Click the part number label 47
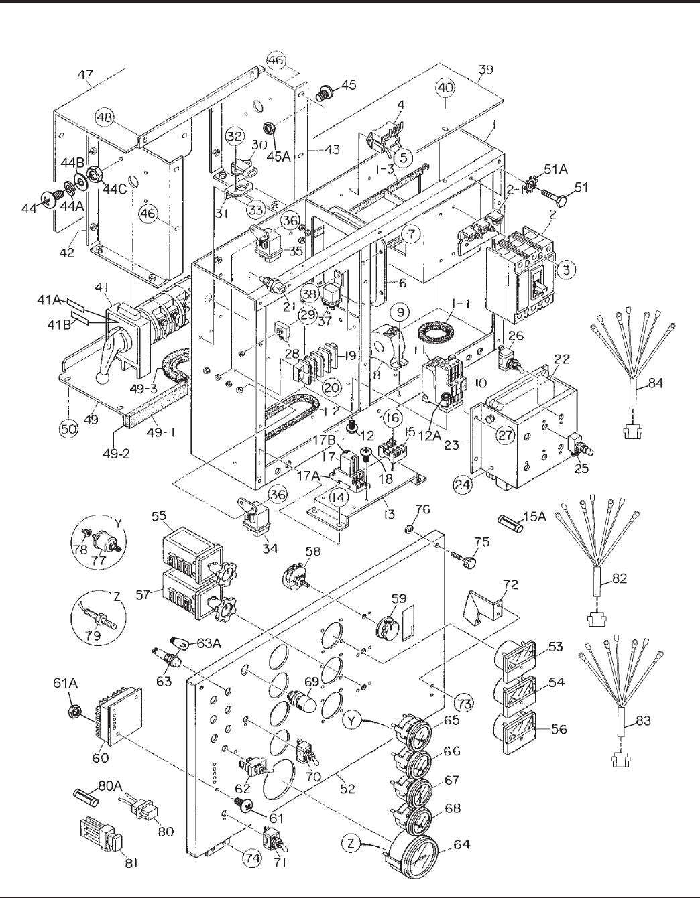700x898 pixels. (86, 75)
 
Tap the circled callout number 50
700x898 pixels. (68, 428)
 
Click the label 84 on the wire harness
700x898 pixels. (655, 383)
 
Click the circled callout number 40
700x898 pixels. (445, 88)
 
